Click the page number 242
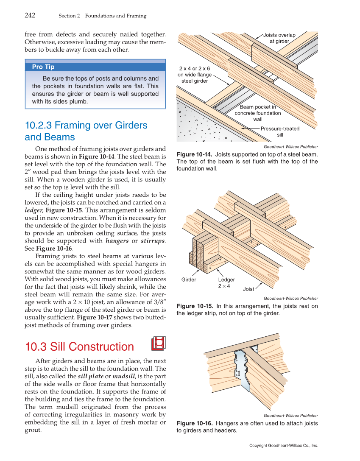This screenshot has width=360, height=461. pyautogui.click(x=30, y=16)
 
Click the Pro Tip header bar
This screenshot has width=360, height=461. pyautogui.click(x=95, y=67)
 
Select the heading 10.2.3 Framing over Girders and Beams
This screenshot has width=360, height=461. pyautogui.click(x=86, y=131)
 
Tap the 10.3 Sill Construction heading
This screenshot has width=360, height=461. pyautogui.click(x=79, y=346)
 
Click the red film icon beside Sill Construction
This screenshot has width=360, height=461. pyautogui.click(x=158, y=344)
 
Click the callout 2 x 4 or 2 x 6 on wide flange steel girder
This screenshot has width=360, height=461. pyautogui.click(x=194, y=75)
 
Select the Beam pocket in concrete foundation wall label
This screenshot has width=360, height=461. pyautogui.click(x=257, y=113)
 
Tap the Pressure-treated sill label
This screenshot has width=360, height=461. pyautogui.click(x=280, y=131)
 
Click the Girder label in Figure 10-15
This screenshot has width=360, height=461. pyautogui.click(x=189, y=280)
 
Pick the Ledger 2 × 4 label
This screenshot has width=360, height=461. pyautogui.click(x=226, y=283)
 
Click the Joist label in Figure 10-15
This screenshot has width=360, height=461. pyautogui.click(x=248, y=289)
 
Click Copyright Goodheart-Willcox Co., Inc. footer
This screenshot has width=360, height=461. pyautogui.click(x=283, y=446)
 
